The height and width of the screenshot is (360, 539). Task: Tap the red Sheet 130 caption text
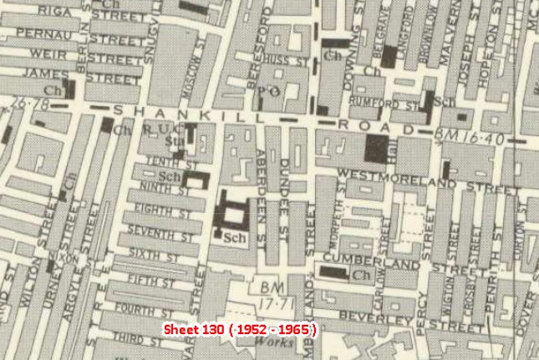tap(239, 329)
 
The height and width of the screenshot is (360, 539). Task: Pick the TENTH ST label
tap(164, 162)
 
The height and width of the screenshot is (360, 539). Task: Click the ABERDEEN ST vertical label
tap(262, 188)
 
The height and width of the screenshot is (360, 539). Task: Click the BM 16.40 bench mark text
tap(470, 134)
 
